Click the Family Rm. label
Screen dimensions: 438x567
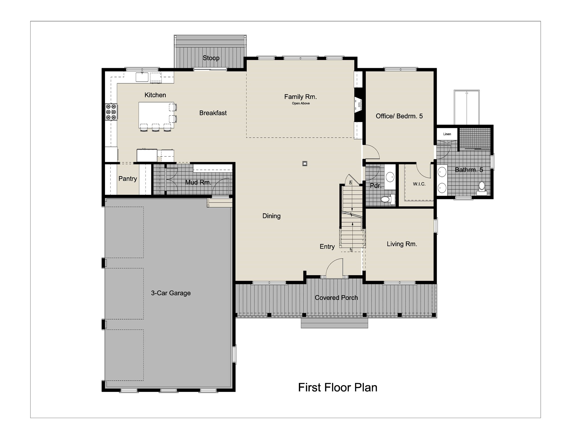(300, 97)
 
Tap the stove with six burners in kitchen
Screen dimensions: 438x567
(111, 112)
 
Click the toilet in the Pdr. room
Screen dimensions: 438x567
(386, 199)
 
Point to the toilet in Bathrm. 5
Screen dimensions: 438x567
(482, 187)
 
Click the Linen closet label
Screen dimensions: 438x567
(447, 134)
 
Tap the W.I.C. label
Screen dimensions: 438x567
(419, 184)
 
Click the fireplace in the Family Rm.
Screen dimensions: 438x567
(359, 105)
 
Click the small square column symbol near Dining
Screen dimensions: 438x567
(305, 163)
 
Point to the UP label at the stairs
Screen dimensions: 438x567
(351, 250)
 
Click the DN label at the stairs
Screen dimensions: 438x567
(351, 182)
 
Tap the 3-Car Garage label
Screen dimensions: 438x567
(171, 293)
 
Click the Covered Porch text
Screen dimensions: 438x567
(336, 297)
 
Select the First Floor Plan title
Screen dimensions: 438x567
(337, 387)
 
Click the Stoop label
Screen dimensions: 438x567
(211, 58)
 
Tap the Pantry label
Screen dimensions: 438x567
(127, 179)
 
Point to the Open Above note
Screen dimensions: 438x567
(301, 103)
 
